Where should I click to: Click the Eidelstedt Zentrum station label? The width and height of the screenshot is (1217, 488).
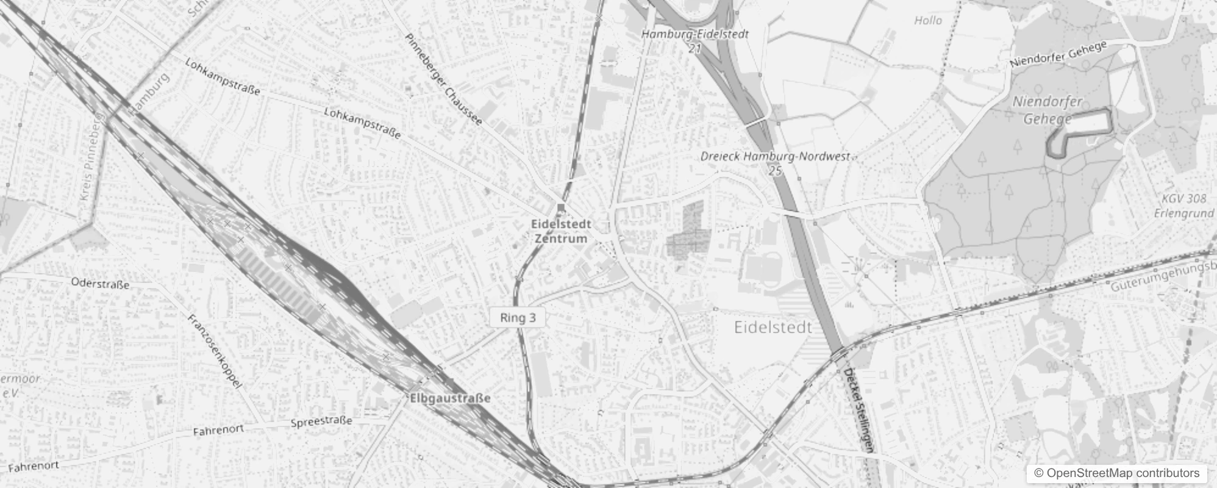[x=561, y=231]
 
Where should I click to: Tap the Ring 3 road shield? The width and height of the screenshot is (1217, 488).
[x=518, y=317]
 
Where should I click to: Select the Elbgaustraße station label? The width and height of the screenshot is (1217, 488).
[x=450, y=398]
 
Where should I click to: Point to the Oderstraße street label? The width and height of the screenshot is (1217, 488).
[x=100, y=284]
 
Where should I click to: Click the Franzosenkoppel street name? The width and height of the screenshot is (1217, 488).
[x=215, y=351]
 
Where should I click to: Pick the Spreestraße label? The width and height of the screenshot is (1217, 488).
[x=321, y=422]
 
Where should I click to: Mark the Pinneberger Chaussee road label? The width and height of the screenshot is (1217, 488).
[x=443, y=79]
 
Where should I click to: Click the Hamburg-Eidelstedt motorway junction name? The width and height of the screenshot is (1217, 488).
[x=694, y=34]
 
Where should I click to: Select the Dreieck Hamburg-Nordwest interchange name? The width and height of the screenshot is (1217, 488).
[x=774, y=156]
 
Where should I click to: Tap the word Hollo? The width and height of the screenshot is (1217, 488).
[x=928, y=21]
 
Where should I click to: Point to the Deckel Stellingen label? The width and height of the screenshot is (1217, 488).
[x=858, y=410]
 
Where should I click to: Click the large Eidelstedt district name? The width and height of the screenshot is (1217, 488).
[x=773, y=328]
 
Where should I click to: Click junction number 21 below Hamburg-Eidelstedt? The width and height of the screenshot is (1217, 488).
[x=694, y=48]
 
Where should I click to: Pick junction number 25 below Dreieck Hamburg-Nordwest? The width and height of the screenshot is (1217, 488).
[x=775, y=171]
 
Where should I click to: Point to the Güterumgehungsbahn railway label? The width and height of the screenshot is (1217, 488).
[x=1162, y=277]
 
